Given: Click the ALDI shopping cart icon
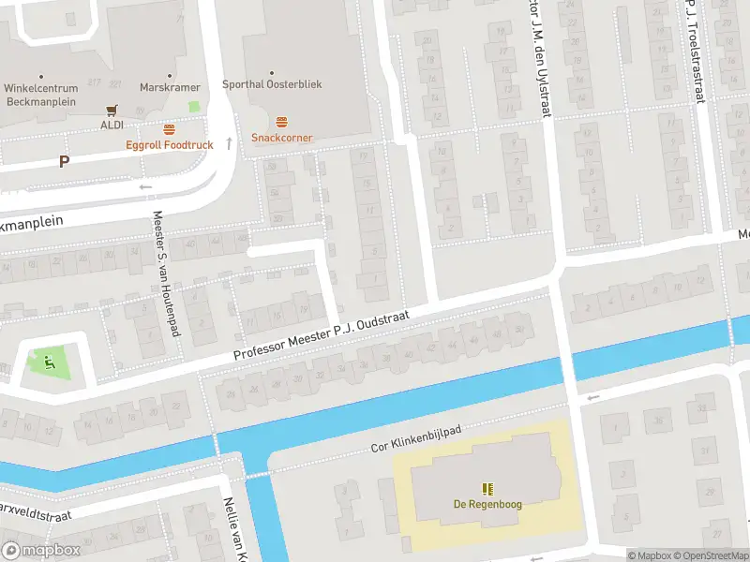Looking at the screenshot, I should tap(112, 109).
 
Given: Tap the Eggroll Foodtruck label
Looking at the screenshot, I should tap(170, 145).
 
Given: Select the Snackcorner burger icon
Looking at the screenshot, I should tap(281, 123).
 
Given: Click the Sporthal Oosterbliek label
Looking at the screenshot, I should tap(272, 84).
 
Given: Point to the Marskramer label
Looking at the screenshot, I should tap(170, 87).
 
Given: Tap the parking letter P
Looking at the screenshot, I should tap(64, 161).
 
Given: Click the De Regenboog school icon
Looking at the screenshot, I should tap(487, 489).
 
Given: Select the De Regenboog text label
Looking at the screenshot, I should tap(487, 505).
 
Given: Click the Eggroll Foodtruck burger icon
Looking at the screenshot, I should tap(170, 129).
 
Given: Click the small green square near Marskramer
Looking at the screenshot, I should tap(194, 107).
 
